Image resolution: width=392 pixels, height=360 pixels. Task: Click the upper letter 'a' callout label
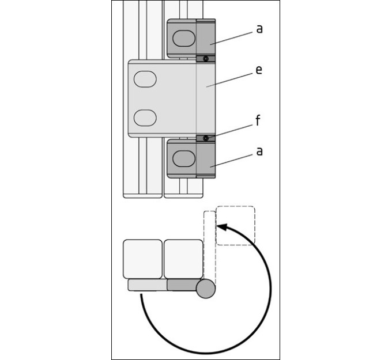[x=259, y=29]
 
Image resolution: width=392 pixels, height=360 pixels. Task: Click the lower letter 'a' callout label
[x=259, y=151]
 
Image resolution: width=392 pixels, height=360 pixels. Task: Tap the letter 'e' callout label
[x=259, y=70]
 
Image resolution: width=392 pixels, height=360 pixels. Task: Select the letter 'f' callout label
[x=258, y=120]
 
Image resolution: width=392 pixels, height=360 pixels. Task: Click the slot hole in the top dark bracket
[x=184, y=38]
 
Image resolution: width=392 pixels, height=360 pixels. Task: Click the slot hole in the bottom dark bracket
[x=184, y=158]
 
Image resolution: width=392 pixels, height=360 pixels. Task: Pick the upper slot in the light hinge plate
[x=145, y=79]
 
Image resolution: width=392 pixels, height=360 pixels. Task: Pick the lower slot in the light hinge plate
[x=145, y=118]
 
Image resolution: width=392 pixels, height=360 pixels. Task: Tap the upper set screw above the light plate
[x=206, y=59]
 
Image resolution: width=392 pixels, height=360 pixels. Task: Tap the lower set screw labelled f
[x=206, y=138]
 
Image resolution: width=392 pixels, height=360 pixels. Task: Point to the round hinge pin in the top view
[x=206, y=289]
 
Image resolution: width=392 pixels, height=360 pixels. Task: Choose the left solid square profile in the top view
[x=143, y=259]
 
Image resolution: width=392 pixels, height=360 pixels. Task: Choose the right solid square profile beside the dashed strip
[x=183, y=259]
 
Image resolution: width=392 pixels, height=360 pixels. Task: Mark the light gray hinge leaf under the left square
[x=148, y=285]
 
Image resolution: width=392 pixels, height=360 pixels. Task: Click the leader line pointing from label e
[x=229, y=80]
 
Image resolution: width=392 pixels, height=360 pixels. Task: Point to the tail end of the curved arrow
[x=141, y=295]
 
